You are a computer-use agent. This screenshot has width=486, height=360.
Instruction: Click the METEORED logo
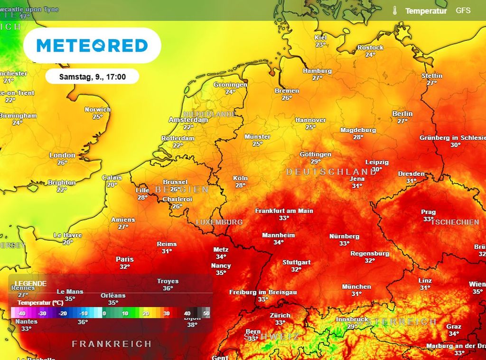point(92,46)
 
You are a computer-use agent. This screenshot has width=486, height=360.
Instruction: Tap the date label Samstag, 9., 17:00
point(93,76)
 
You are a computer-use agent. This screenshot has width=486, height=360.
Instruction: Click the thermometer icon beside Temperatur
point(394,10)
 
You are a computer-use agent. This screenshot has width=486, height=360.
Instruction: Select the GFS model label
point(463,10)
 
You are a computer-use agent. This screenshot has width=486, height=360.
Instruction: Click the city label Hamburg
point(317,71)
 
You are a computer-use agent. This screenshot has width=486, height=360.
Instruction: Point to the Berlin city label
point(402,114)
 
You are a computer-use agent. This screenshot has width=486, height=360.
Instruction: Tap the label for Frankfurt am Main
point(284,210)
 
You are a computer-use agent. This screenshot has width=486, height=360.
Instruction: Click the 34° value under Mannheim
point(279,242)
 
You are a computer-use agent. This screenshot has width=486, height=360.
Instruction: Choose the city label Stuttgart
point(297,262)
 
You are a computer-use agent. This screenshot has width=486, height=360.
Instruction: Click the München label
point(356,286)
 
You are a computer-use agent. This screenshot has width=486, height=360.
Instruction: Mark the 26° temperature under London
point(62,162)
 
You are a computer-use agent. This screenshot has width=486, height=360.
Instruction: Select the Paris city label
point(125,259)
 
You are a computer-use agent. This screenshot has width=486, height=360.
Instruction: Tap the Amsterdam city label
point(188,120)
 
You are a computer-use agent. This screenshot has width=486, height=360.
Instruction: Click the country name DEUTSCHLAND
point(332,171)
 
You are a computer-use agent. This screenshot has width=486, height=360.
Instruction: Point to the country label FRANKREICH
point(112,343)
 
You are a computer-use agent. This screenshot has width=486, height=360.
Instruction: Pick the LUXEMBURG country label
point(219,222)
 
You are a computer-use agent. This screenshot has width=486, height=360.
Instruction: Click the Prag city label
point(428,212)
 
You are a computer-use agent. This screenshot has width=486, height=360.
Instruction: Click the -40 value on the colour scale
point(21,313)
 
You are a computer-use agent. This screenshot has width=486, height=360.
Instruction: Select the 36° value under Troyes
point(168,288)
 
